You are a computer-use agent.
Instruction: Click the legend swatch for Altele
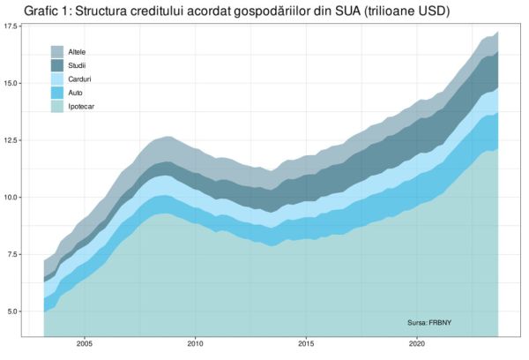(57, 52)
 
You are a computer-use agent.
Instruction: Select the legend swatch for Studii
(57, 65)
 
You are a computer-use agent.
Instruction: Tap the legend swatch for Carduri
(57, 79)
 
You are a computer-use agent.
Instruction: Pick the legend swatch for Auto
(57, 93)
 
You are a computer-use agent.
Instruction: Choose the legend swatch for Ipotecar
(57, 106)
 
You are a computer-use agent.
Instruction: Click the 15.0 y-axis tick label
(17, 83)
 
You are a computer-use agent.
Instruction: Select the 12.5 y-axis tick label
(17, 140)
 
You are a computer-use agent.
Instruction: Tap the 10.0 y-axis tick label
(17, 197)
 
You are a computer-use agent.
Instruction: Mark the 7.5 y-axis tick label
(19, 254)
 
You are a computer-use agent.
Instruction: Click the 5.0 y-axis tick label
(19, 311)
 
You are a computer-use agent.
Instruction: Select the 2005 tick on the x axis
(86, 344)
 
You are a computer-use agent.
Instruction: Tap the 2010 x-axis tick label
(196, 344)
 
